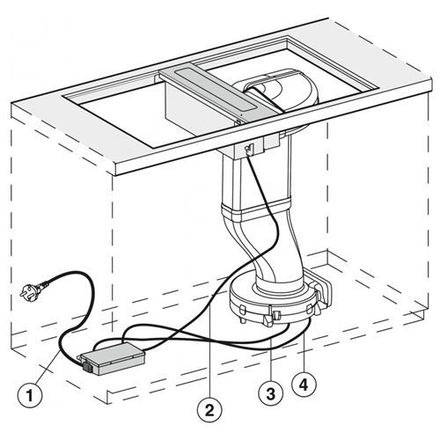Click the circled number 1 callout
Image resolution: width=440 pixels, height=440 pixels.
click(30, 395)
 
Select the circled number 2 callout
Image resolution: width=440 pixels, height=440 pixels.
click(209, 410)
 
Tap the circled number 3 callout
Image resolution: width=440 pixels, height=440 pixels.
click(271, 393)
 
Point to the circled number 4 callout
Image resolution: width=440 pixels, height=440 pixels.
click(304, 384)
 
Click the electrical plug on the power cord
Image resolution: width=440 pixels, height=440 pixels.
click(31, 289)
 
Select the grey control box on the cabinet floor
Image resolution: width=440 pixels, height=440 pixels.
click(114, 358)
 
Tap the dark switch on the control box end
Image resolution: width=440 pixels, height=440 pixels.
click(87, 367)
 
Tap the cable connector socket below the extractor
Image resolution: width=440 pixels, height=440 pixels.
click(248, 149)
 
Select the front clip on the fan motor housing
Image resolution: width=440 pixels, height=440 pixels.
click(275, 316)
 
